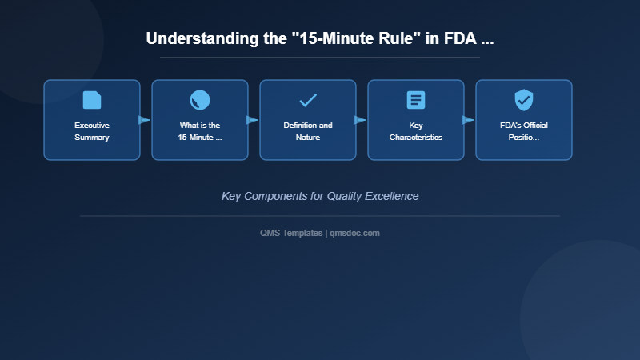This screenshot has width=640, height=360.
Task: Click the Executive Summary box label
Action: click(x=92, y=131)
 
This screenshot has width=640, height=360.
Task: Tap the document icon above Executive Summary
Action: click(x=92, y=100)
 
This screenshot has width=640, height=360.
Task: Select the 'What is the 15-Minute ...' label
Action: click(x=200, y=131)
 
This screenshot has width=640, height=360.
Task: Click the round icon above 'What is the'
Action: click(x=200, y=100)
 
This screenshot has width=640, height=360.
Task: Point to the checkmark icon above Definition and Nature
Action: click(x=308, y=100)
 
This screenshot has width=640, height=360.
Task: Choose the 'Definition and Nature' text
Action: click(x=308, y=131)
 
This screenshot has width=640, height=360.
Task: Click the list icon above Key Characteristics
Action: click(x=416, y=100)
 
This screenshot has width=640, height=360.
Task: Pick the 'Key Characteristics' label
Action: click(x=416, y=131)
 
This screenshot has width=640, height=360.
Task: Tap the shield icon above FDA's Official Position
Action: click(x=524, y=100)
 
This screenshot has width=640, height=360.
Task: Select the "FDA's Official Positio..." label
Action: click(x=524, y=131)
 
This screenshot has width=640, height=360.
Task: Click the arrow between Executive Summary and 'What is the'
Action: click(x=145, y=120)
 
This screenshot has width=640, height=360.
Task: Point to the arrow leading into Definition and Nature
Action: click(x=253, y=120)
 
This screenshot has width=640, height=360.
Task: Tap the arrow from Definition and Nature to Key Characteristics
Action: click(x=361, y=120)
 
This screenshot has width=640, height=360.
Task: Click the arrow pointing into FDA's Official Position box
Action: click(x=469, y=120)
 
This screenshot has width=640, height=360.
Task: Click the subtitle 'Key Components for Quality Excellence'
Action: click(x=320, y=196)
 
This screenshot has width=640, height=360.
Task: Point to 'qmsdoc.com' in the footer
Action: click(x=355, y=233)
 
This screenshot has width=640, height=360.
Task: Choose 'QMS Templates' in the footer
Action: click(x=291, y=233)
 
